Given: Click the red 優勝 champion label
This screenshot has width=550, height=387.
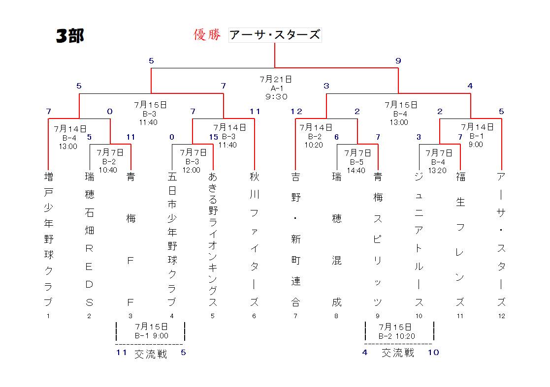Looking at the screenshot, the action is pyautogui.click(x=207, y=35).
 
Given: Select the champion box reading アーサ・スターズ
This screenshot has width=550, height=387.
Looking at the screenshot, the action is pyautogui.click(x=275, y=35).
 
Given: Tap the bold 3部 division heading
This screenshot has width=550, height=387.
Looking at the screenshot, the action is pyautogui.click(x=70, y=36).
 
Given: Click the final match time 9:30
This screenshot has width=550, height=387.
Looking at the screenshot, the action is pyautogui.click(x=276, y=97).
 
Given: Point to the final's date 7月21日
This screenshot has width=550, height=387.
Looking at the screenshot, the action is pyautogui.click(x=276, y=80).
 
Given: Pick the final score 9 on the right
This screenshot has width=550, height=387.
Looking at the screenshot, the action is pyautogui.click(x=398, y=60).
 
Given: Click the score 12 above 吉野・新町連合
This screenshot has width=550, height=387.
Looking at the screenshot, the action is pyautogui.click(x=296, y=111).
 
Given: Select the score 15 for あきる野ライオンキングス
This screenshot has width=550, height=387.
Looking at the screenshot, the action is pyautogui.click(x=214, y=137).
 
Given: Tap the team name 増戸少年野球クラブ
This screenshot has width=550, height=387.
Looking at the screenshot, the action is pyautogui.click(x=48, y=239).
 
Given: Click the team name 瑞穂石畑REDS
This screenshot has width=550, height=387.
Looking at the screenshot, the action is pyautogui.click(x=90, y=239).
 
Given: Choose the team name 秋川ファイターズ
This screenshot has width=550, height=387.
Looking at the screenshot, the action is pyautogui.click(x=254, y=239).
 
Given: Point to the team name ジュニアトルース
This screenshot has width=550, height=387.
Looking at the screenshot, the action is pyautogui.click(x=419, y=239).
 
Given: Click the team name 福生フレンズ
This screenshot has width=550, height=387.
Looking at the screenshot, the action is pyautogui.click(x=460, y=239).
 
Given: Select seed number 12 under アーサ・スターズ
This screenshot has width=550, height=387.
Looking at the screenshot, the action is pyautogui.click(x=502, y=316).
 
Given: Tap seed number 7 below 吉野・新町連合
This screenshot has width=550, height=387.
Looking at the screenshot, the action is pyautogui.click(x=295, y=316).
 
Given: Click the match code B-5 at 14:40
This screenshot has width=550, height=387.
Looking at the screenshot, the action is pyautogui.click(x=356, y=162).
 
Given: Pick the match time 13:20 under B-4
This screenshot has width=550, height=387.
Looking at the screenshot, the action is pyautogui.click(x=437, y=171).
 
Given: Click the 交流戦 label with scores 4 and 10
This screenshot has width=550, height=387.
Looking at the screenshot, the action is pyautogui.click(x=398, y=353).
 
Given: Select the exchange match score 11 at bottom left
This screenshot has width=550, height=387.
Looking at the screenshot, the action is pyautogui.click(x=121, y=352).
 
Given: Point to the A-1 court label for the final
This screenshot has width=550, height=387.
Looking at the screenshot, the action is pyautogui.click(x=277, y=88).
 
